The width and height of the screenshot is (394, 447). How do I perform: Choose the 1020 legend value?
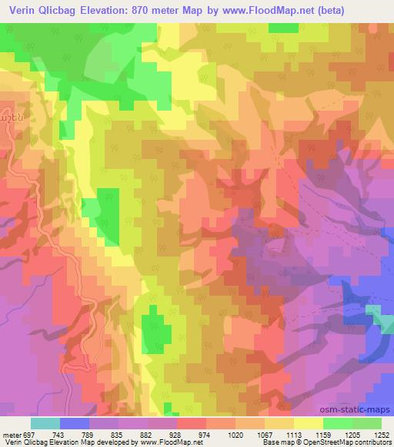click(235, 435)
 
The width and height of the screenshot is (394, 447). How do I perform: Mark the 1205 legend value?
click(353, 435)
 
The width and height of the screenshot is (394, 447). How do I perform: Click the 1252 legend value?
click(382, 435)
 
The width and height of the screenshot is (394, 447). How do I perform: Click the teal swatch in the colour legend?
click(45, 423)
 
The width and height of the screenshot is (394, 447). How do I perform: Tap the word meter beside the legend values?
click(10, 435)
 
